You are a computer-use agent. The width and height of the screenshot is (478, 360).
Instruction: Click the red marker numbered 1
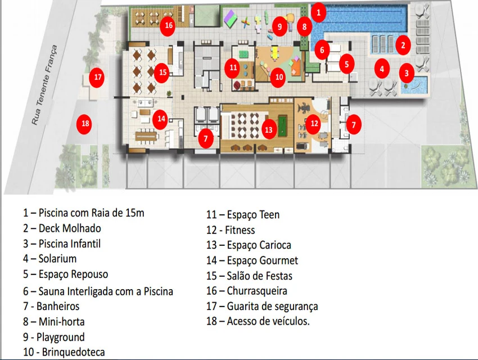[318, 12]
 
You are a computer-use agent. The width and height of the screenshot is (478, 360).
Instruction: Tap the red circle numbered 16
[169, 26]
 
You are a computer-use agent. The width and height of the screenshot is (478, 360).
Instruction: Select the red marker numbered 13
[269, 129]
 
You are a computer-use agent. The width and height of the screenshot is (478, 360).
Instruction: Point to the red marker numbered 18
[85, 123]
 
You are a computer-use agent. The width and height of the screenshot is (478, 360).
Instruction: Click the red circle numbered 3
[407, 73]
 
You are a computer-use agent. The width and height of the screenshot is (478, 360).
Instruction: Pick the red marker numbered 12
[314, 123]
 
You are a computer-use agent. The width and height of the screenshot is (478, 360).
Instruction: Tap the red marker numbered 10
[278, 77]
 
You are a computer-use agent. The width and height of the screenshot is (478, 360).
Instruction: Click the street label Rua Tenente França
[45, 85]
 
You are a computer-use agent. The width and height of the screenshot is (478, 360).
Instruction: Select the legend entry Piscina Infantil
[70, 244]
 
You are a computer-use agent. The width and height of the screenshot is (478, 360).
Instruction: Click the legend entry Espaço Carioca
[259, 245]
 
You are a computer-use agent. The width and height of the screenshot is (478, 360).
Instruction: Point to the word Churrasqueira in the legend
[257, 291]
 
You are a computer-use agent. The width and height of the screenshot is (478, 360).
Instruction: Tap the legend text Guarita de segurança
[272, 307]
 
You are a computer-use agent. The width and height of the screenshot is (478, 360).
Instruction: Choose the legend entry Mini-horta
[61, 322]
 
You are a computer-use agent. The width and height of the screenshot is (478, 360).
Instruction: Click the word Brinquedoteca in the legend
[73, 352]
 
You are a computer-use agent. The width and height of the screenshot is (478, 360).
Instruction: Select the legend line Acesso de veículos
[268, 321]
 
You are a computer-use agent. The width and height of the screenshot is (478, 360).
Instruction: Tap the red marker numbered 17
[97, 78]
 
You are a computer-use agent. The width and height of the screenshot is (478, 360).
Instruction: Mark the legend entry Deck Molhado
[70, 228]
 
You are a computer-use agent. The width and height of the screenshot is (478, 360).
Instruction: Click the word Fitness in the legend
[240, 230]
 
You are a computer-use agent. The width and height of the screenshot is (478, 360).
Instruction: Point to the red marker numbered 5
[346, 64]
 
